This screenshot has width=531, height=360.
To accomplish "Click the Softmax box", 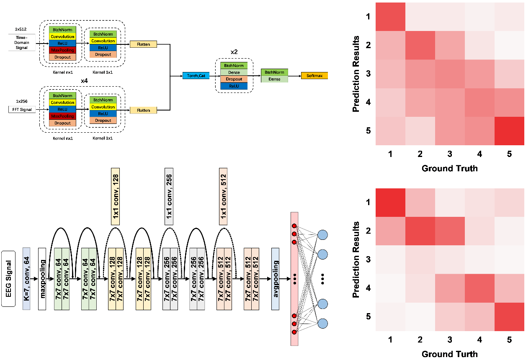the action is tap(314, 76).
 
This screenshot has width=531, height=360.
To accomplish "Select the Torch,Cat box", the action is tap(196, 76).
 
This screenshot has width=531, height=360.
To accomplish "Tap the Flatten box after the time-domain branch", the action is tap(143, 44).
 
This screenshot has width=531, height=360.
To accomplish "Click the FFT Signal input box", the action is tap(22, 110).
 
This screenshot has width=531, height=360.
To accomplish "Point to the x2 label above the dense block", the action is tap(234, 52).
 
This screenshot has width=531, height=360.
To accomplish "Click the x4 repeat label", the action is tap(84, 81).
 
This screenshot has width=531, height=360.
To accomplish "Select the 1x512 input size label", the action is tap(21, 29).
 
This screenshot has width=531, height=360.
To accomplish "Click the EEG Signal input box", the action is tap(8, 279).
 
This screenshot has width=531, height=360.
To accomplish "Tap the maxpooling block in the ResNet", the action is tap(42, 279).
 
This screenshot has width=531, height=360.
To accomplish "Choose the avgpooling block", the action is tap(275, 279).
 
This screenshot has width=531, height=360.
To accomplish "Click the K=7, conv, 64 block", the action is tap(26, 279).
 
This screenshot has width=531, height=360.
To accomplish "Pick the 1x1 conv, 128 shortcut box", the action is tap(115, 196).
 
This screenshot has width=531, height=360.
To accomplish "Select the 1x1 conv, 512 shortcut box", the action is tap(223, 196).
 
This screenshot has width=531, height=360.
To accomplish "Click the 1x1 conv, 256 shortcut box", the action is tap(169, 196).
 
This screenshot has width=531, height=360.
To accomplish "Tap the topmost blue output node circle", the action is tap(322, 235).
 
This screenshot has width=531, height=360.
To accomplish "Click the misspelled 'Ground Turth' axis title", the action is tap(449, 354).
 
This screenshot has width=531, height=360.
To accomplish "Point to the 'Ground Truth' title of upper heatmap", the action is tap(449, 168).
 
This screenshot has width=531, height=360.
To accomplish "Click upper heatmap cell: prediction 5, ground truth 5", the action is tap(509, 131).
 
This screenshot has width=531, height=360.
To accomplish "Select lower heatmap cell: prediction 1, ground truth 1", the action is tap(390, 203).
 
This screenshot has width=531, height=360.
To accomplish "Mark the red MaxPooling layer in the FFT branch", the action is tap(62, 116).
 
